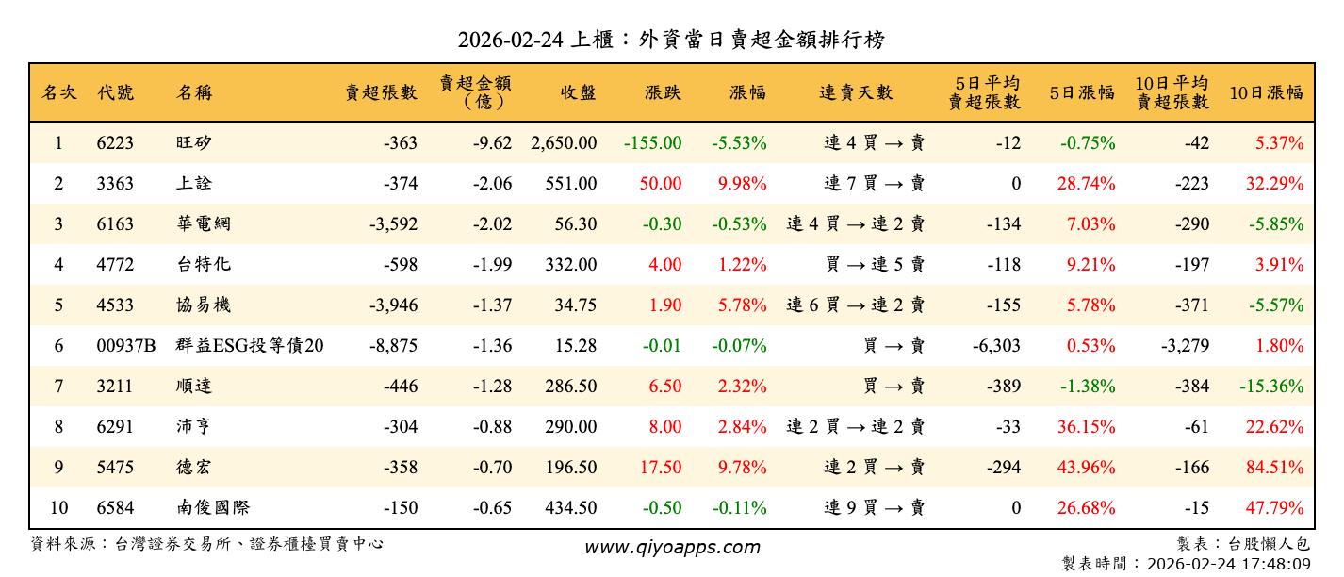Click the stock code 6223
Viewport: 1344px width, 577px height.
click(115, 143)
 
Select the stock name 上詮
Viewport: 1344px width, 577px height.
click(194, 184)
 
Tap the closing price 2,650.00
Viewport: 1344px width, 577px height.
click(564, 143)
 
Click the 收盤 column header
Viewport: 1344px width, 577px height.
click(579, 92)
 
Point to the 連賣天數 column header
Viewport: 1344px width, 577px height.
click(856, 92)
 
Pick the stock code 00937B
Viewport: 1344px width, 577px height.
click(126, 346)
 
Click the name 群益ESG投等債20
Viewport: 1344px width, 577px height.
click(250, 346)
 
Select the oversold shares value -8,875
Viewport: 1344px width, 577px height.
click(393, 346)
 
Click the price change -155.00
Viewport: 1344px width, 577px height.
click(652, 143)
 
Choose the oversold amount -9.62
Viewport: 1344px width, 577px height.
click(493, 143)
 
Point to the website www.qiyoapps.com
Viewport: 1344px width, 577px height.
click(672, 547)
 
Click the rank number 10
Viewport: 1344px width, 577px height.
click(58, 508)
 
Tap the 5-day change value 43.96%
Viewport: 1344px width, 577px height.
click(1086, 468)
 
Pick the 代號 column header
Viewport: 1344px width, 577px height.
click(115, 92)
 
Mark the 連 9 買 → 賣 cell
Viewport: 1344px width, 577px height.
click(874, 508)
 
